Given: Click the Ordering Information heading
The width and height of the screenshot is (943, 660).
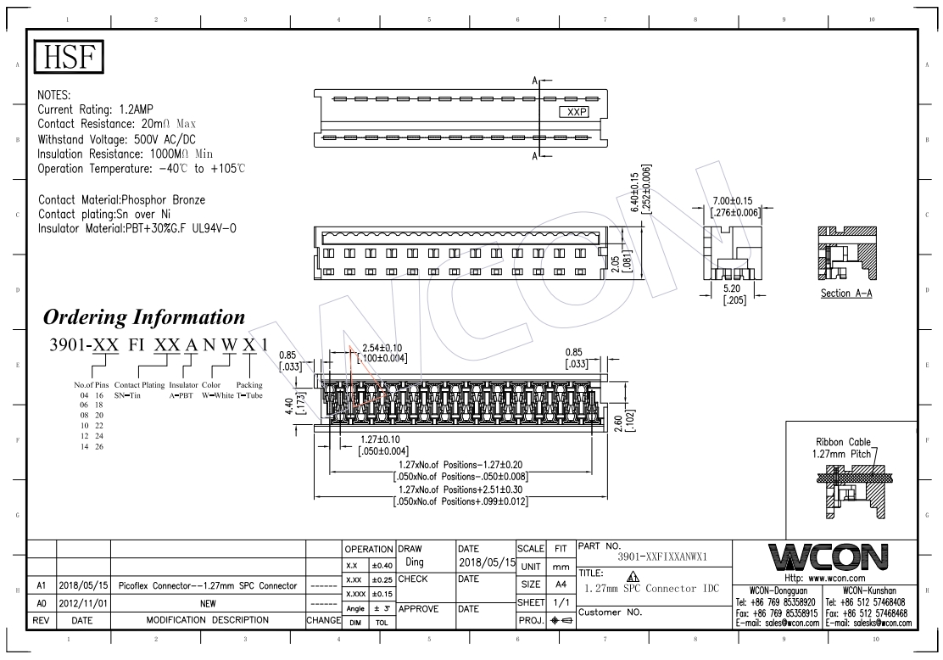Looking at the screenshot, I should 144,317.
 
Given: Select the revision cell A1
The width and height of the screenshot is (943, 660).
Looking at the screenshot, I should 41,586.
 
